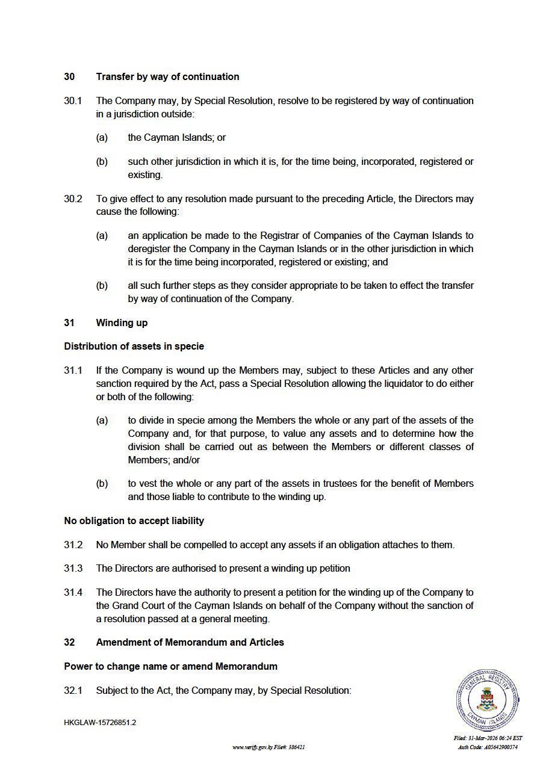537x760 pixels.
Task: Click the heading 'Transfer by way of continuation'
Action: [167, 77]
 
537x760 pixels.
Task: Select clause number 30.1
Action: [73, 101]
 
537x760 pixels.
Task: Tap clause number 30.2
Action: [73, 199]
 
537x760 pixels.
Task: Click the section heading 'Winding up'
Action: [122, 323]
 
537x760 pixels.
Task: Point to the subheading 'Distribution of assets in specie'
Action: [134, 347]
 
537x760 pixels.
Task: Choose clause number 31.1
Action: [73, 371]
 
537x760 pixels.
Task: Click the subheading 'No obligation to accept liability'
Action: [134, 521]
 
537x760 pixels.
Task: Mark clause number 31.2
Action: [73, 545]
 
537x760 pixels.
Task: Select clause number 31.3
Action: [73, 569]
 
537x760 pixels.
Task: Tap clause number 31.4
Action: [73, 593]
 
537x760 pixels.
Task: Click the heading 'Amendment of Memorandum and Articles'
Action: [190, 643]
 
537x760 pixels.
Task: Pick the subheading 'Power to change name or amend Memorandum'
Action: [170, 667]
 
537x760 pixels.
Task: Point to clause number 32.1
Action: [73, 691]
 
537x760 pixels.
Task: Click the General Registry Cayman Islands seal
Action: [487, 700]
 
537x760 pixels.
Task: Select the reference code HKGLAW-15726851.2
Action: [100, 723]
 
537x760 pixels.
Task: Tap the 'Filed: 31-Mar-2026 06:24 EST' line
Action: [488, 738]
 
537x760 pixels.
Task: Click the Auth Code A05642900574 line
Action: [488, 747]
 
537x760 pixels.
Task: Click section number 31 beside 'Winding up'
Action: [69, 323]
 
